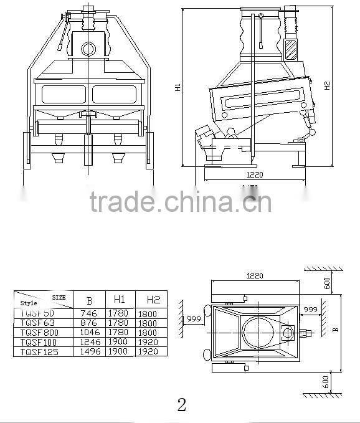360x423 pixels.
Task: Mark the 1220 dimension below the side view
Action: pyautogui.click(x=255, y=175)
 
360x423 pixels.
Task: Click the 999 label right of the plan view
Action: pyautogui.click(x=310, y=310)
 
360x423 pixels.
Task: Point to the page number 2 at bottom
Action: pyautogui.click(x=181, y=406)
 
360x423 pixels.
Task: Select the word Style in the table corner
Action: pyautogui.click(x=29, y=303)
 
